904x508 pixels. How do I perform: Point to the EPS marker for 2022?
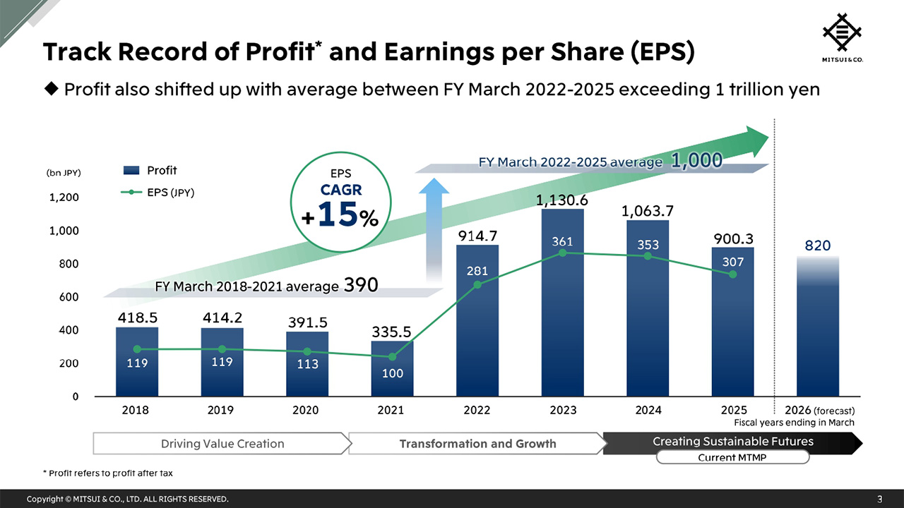(477, 285)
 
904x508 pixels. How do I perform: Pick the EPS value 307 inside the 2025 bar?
(732, 262)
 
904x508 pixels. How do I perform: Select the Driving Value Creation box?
(222, 444)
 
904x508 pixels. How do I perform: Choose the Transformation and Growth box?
(477, 444)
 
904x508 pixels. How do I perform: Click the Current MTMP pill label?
(732, 458)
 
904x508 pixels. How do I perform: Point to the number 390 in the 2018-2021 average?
(361, 285)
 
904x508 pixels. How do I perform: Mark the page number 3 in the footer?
(879, 499)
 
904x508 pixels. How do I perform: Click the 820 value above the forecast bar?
(818, 246)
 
